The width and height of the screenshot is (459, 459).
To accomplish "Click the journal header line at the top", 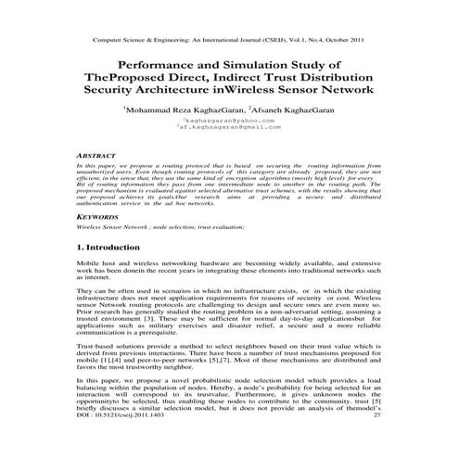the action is pos(229,42).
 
